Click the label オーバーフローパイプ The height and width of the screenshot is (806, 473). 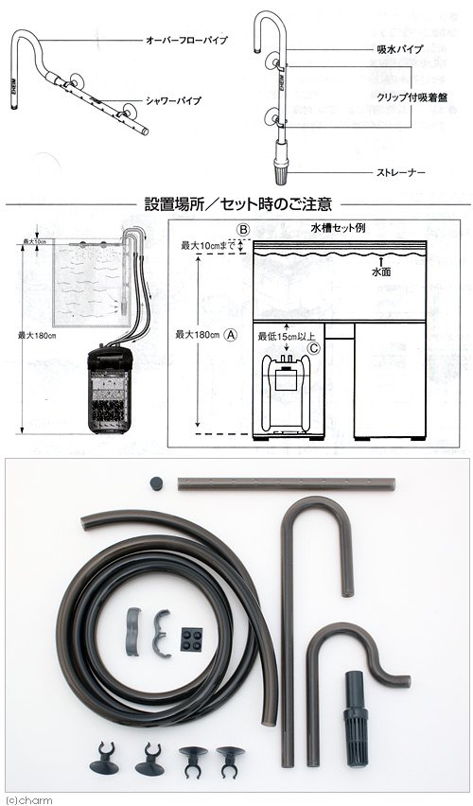coord(184,42)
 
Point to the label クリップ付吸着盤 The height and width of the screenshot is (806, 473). coord(395,96)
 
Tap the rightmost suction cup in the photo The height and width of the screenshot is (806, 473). coord(228,758)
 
